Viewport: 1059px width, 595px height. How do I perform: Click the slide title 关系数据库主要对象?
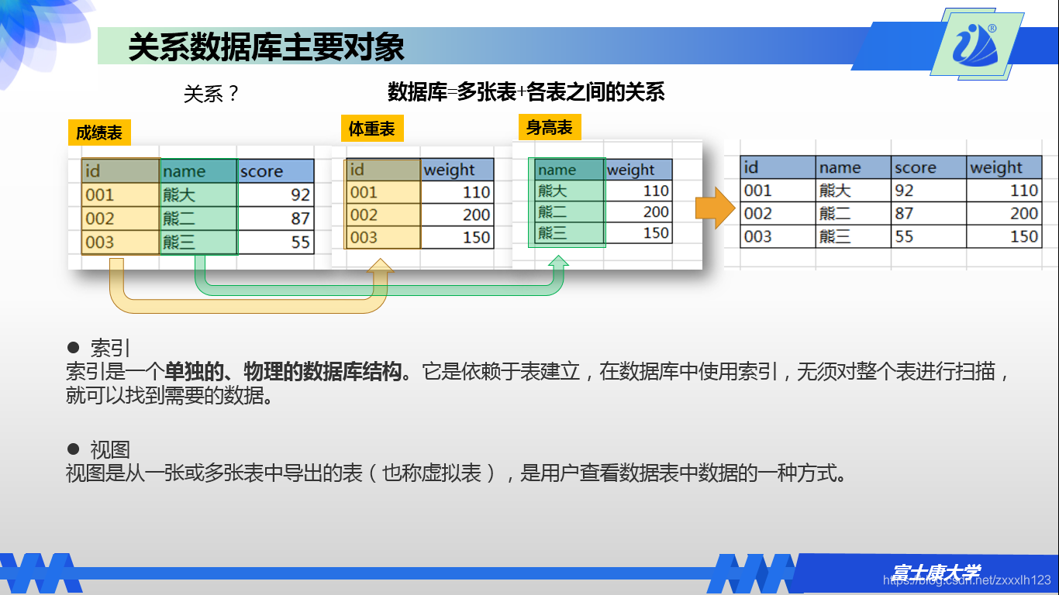266,46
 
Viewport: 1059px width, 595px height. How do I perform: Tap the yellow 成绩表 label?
98,132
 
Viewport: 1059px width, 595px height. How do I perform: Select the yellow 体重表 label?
372,129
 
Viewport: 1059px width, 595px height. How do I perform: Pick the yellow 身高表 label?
550,127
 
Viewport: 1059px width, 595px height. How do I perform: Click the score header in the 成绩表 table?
275,171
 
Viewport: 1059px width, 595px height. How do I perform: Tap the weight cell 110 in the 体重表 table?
457,192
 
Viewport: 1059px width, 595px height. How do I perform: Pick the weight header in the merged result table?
1003,167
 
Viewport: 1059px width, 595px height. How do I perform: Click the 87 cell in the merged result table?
928,213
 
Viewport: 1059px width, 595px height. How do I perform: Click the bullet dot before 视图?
74,449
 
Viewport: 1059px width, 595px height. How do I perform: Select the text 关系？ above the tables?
211,94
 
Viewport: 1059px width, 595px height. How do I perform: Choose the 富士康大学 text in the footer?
935,573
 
